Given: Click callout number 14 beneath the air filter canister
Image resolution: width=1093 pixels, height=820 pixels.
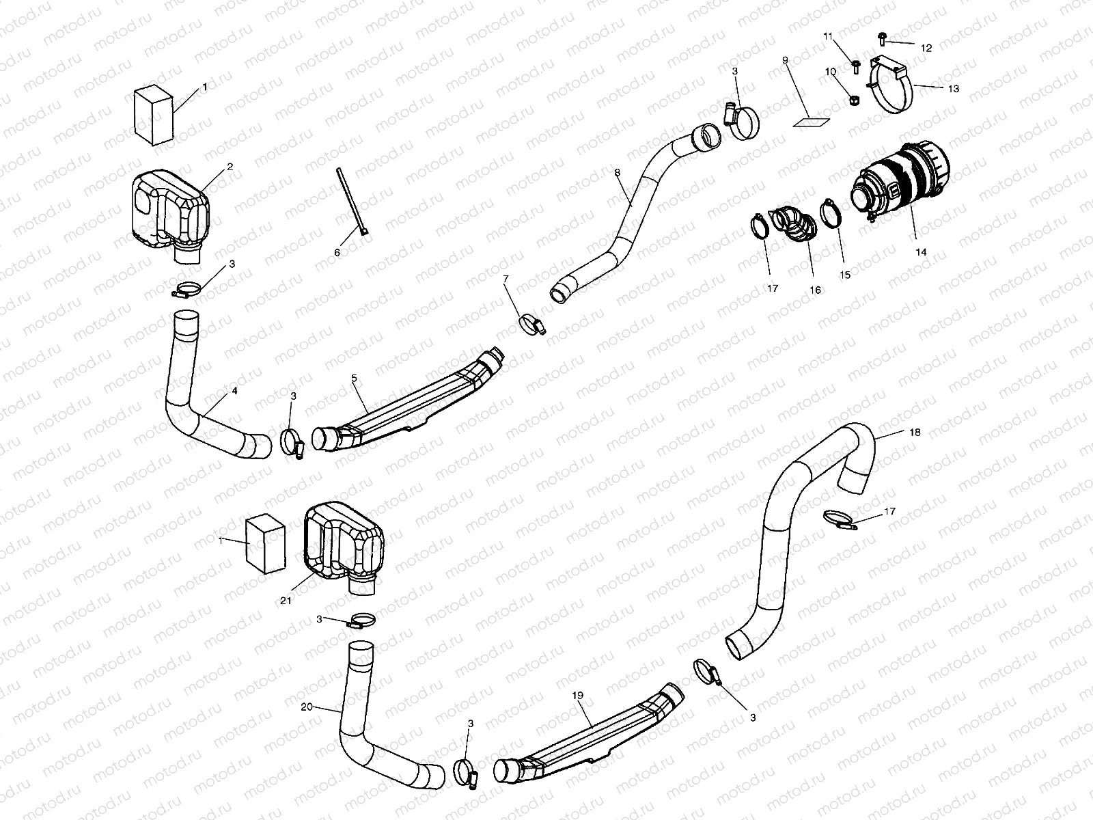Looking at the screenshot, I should coord(921,252).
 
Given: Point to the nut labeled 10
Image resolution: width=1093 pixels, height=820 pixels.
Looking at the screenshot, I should coord(853,100).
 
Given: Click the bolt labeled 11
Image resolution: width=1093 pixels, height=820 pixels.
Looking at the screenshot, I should coord(856,66).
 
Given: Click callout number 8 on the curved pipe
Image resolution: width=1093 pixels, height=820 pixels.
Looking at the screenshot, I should coord(617,173).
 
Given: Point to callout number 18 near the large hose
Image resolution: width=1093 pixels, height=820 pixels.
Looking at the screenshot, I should coord(915,432).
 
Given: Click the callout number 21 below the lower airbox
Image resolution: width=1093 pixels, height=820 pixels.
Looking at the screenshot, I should coord(286,601).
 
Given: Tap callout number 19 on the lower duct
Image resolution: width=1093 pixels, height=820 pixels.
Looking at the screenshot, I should coord(577,695).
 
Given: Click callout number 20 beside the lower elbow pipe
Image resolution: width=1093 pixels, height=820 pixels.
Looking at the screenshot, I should coord(306,707).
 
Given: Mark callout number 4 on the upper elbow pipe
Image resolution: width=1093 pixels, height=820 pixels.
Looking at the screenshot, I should coord(234,392).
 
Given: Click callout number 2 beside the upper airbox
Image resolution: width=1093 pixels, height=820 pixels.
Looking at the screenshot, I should coord(230,166).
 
